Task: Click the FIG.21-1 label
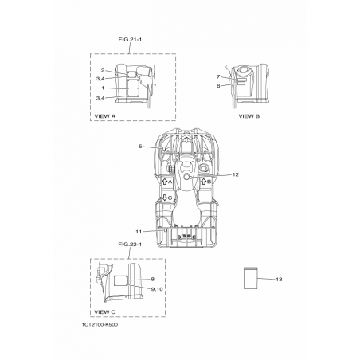130,40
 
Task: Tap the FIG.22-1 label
130,245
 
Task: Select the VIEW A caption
105,116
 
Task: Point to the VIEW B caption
249,116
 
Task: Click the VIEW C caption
105,312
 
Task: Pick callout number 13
279,280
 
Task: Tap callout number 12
236,174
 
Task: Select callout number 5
140,147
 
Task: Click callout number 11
139,232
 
